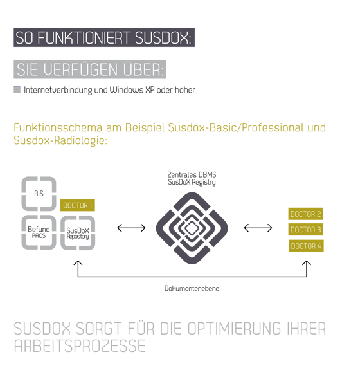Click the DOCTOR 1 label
[x=78, y=205]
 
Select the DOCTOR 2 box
[x=305, y=214]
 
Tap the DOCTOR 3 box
[x=305, y=230]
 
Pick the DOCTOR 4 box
[x=307, y=246]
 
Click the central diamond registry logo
[x=192, y=228]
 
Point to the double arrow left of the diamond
[x=131, y=228]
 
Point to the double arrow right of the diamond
[x=258, y=228]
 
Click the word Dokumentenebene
[x=192, y=288]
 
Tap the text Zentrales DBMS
[x=192, y=174]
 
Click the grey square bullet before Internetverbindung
[x=17, y=89]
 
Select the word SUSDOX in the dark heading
[x=163, y=38]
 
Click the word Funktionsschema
[x=58, y=127]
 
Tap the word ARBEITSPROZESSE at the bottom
[x=80, y=346]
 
